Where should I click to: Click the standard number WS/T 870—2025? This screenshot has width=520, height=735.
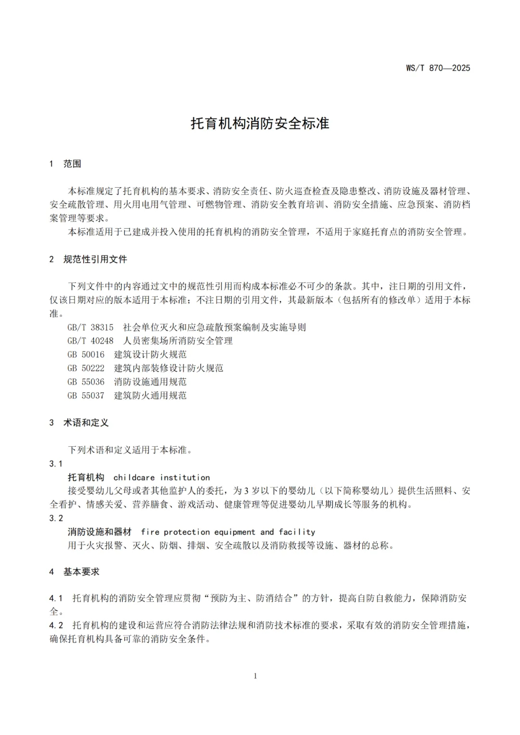pyautogui.click(x=438, y=68)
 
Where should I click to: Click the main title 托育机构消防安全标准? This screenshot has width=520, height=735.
pyautogui.click(x=260, y=123)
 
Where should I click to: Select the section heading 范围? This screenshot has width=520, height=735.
pyautogui.click(x=72, y=164)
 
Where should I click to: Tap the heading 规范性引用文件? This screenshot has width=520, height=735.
pyautogui.click(x=95, y=259)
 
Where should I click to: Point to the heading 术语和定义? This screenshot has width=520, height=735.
pyautogui.click(x=86, y=423)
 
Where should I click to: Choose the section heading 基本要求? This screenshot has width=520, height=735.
pyautogui.click(x=81, y=572)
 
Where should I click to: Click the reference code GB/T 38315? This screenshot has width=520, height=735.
pyautogui.click(x=91, y=327)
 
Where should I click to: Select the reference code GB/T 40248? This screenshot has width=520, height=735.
pyautogui.click(x=91, y=341)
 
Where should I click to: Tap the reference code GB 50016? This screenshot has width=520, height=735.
pyautogui.click(x=86, y=354)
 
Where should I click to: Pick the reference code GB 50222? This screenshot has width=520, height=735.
pyautogui.click(x=86, y=368)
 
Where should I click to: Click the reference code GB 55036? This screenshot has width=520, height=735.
pyautogui.click(x=86, y=382)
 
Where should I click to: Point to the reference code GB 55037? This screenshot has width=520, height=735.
pyautogui.click(x=86, y=395)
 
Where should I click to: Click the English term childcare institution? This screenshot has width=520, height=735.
pyautogui.click(x=162, y=477)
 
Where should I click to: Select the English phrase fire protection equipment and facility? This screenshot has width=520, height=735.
pyautogui.click(x=228, y=532)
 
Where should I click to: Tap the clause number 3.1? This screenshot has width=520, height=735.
pyautogui.click(x=56, y=464)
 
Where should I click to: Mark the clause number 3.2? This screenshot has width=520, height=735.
pyautogui.click(x=56, y=518)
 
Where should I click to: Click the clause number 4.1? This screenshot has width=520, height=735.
pyautogui.click(x=56, y=598)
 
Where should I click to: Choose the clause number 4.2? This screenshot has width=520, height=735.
pyautogui.click(x=56, y=625)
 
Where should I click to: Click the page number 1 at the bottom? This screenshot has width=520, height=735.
pyautogui.click(x=255, y=676)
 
